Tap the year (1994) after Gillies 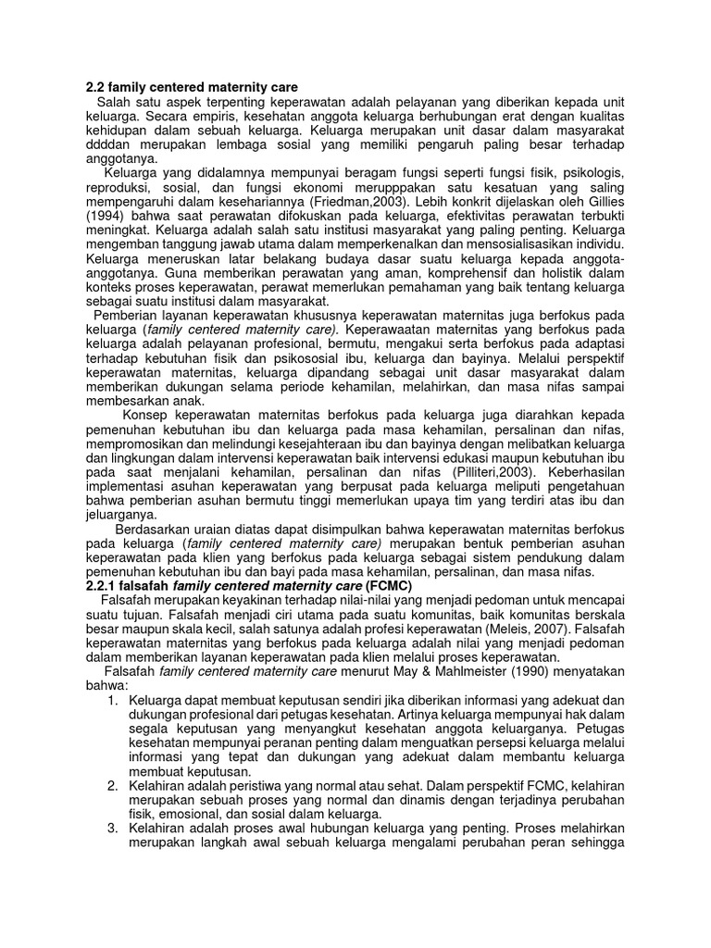pyautogui.click(x=104, y=215)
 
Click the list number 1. pyautogui.click(x=112, y=701)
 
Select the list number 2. pyautogui.click(x=112, y=786)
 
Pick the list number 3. pyautogui.click(x=112, y=828)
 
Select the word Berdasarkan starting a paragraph pyautogui.click(x=154, y=530)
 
